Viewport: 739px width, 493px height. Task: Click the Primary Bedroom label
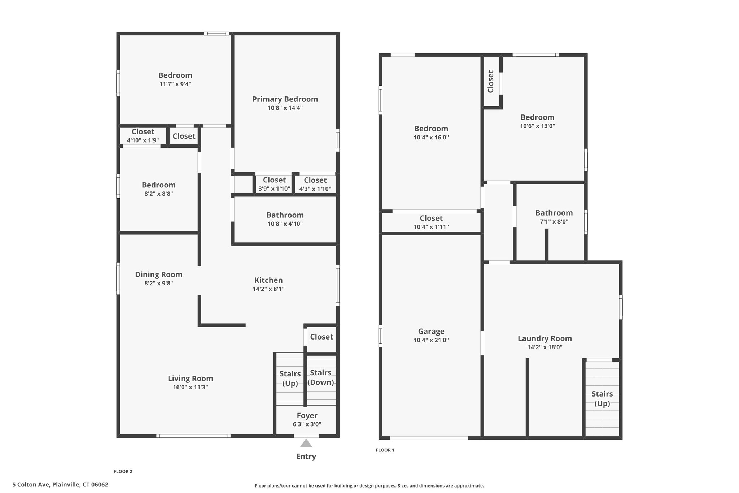[285, 99]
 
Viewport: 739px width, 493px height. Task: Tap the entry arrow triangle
[306, 443]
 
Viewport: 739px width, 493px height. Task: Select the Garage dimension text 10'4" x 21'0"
[431, 340]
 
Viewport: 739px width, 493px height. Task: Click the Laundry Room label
[545, 338]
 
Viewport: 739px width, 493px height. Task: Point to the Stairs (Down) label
[321, 377]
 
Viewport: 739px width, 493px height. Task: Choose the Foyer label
[307, 416]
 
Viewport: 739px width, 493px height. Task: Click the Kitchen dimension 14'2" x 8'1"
[268, 289]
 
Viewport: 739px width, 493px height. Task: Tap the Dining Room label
[159, 274]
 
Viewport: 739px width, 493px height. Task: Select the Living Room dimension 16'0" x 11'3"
[191, 387]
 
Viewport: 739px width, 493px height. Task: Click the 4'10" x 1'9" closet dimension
[143, 140]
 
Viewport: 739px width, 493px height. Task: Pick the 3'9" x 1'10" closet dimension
[274, 189]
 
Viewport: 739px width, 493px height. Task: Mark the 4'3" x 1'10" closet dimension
[315, 189]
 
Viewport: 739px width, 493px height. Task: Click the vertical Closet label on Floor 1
[491, 82]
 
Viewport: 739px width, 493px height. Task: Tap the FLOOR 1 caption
[385, 450]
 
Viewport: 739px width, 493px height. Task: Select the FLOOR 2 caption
[123, 471]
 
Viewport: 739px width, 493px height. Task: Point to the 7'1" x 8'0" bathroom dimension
[554, 222]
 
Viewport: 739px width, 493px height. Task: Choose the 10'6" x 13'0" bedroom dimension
[538, 126]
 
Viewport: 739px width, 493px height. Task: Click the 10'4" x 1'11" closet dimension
[431, 227]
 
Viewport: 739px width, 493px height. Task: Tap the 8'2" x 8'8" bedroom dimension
[159, 194]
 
